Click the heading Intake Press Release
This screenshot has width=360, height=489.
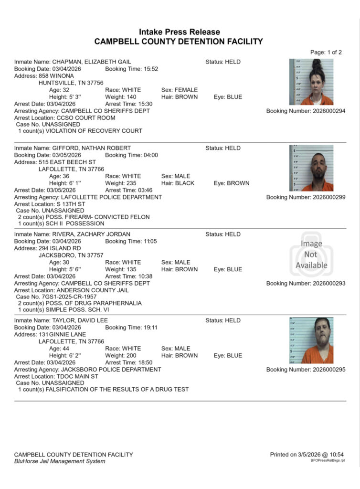pos(180,32)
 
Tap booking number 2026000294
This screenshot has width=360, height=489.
pos(306,111)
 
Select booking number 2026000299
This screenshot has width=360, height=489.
pos(306,197)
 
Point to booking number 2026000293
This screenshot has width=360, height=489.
pos(306,284)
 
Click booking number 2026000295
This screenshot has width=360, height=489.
pos(306,370)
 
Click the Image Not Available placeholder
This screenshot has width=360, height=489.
pos(311,255)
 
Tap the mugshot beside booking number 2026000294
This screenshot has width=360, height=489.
pos(311,82)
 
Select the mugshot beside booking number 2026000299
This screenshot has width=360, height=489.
pos(311,168)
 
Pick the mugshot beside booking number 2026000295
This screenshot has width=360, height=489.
pos(311,340)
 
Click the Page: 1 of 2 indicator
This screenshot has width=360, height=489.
pos(326,52)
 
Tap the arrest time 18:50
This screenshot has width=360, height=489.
pos(146,362)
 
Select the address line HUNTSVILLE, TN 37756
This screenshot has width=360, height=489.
pos(71,83)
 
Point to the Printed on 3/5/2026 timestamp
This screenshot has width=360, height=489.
pos(307,454)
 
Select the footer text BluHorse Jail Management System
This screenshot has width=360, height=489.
pos(60,461)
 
